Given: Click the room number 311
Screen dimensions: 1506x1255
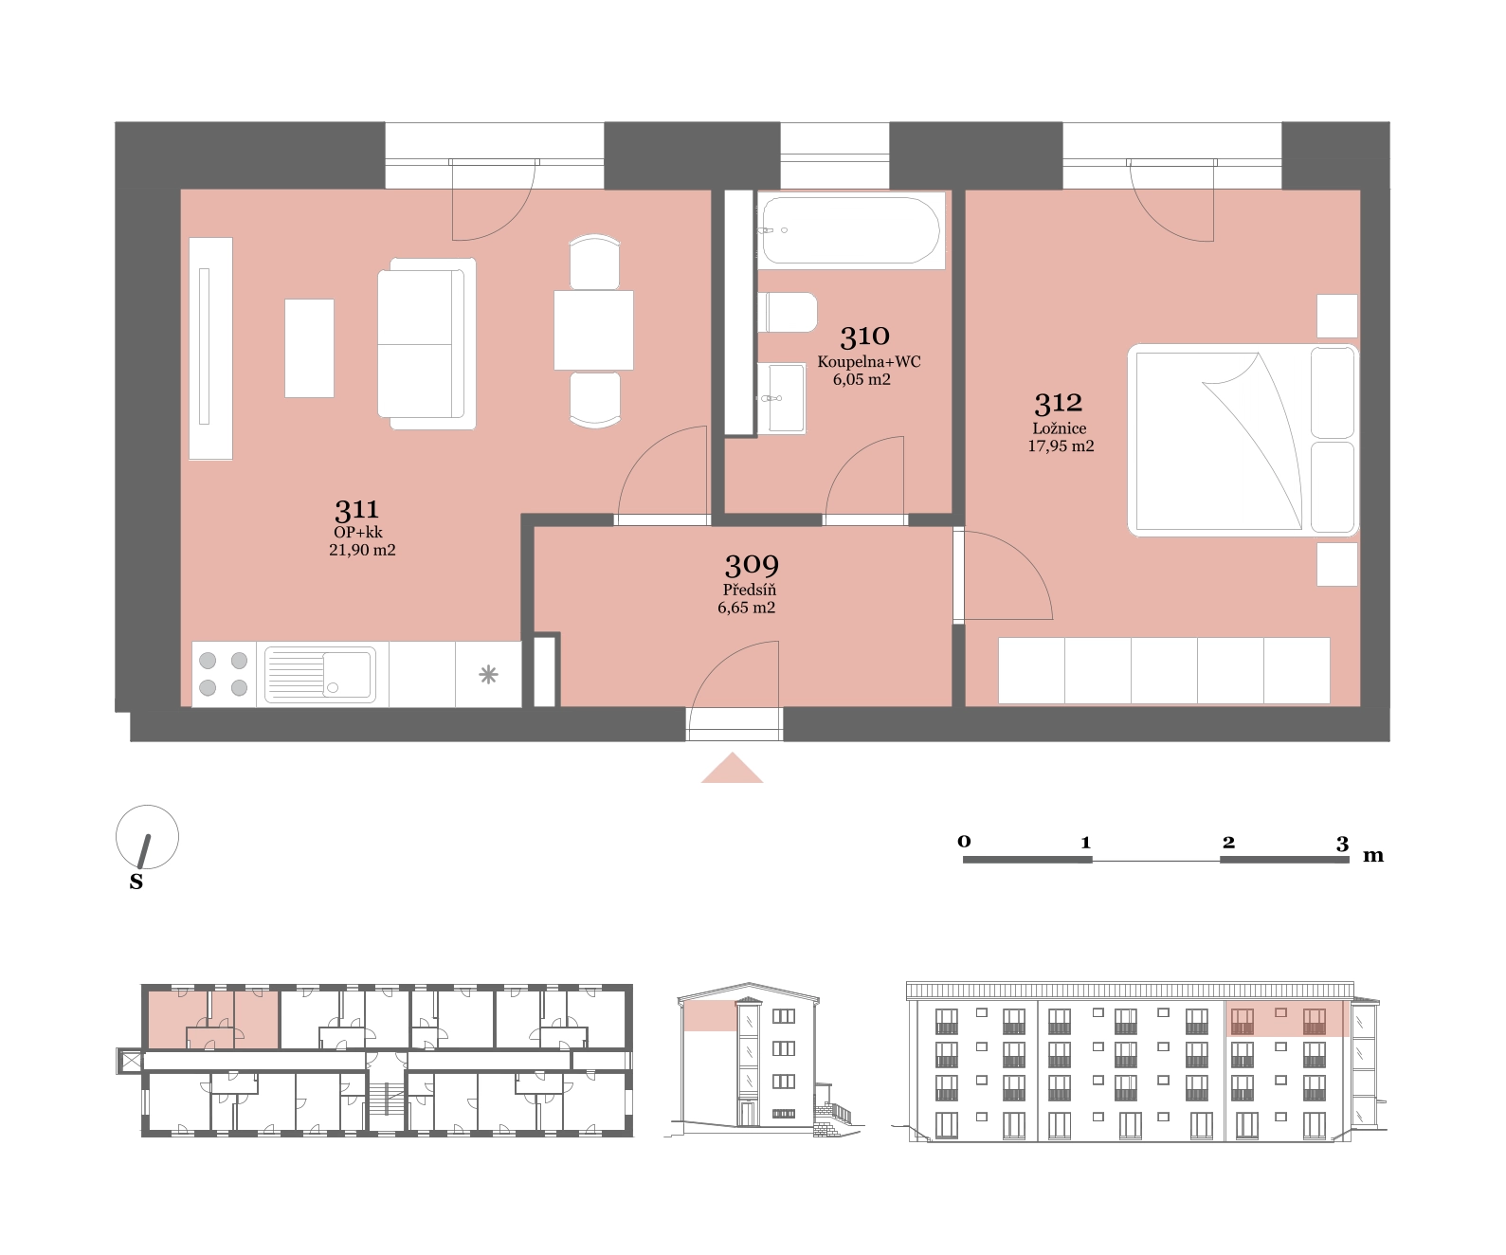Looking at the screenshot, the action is [356, 510].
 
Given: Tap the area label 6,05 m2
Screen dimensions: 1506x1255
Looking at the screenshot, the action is [862, 379].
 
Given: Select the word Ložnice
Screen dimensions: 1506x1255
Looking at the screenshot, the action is [1059, 427].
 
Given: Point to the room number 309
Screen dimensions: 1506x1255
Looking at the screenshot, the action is [752, 566].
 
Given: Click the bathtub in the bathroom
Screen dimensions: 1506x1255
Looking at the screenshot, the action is [851, 230].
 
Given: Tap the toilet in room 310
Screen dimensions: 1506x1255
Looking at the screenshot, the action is [788, 312].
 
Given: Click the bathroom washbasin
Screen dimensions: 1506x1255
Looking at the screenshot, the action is [781, 398].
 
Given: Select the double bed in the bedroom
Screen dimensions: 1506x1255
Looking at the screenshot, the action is [1243, 440].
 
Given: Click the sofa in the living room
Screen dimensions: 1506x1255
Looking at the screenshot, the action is [427, 344].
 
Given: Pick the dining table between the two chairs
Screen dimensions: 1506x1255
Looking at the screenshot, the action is [593, 331].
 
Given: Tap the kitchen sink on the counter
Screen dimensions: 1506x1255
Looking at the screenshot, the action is [320, 674].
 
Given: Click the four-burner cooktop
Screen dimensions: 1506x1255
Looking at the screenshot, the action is [224, 674].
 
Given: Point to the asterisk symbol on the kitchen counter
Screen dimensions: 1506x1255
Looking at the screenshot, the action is [488, 675].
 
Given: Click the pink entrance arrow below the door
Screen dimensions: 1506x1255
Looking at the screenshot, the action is [732, 768].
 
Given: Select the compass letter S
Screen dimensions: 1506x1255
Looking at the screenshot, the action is [136, 882].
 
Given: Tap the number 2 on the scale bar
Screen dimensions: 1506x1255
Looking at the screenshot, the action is [1229, 842].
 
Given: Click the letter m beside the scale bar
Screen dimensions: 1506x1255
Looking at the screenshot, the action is [1373, 855].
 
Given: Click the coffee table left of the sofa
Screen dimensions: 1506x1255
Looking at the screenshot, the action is [309, 349].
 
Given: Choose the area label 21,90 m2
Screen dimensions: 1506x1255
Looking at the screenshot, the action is [362, 550].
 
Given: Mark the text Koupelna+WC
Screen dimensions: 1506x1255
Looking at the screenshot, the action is [869, 362].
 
